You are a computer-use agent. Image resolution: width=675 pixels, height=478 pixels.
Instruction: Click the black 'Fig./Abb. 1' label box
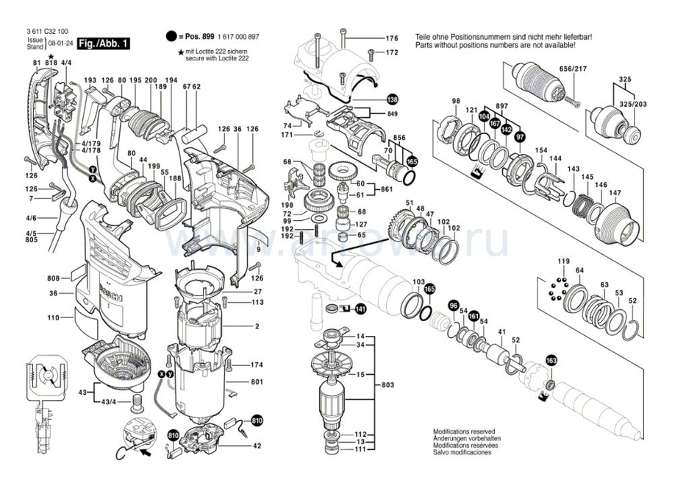104,44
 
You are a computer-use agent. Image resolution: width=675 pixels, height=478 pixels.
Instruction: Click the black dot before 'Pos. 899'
171,36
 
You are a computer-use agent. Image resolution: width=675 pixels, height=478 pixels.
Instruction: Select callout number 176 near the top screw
391,38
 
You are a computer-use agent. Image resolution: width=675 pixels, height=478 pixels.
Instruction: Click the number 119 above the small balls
563,261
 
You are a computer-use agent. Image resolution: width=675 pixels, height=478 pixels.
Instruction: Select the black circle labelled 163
551,361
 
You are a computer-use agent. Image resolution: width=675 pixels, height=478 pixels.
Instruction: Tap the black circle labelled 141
360,309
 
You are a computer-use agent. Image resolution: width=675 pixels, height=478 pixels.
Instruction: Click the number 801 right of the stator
257,382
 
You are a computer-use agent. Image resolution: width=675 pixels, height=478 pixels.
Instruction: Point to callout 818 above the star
51,64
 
